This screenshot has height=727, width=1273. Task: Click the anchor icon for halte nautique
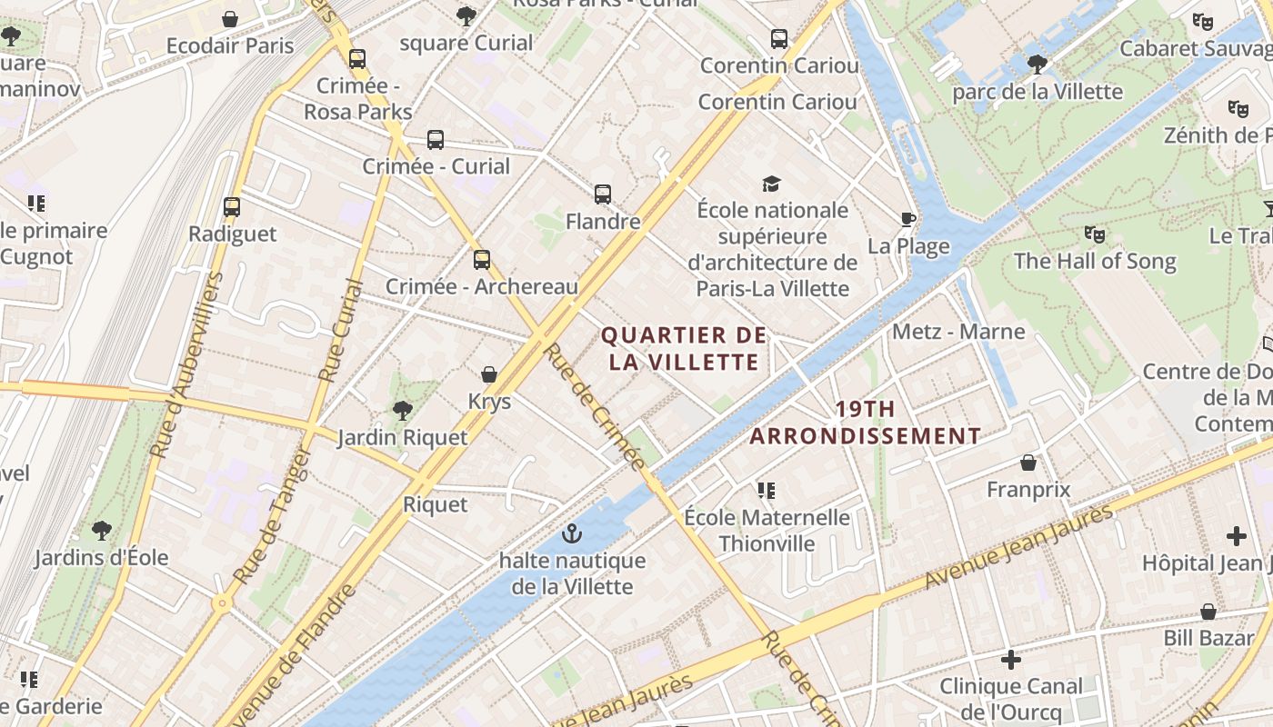pyautogui.click(x=571, y=533)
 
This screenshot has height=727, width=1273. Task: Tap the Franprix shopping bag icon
pyautogui.click(x=1028, y=463)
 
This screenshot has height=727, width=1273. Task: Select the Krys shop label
pyautogui.click(x=489, y=402)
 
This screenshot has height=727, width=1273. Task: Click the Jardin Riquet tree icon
pyautogui.click(x=402, y=411)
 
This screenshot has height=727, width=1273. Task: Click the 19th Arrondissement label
pyautogui.click(x=865, y=423)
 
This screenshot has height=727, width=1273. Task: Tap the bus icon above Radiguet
pyautogui.click(x=232, y=207)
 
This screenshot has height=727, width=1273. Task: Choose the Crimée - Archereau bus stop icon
pyautogui.click(x=482, y=260)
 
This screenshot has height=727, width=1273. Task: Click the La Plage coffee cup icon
pyautogui.click(x=907, y=219)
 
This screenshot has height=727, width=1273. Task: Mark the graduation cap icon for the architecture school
pyautogui.click(x=772, y=184)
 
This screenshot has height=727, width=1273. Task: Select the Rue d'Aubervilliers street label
pyautogui.click(x=185, y=363)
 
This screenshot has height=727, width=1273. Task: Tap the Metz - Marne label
pyautogui.click(x=958, y=331)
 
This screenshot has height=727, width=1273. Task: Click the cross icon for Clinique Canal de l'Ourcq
pyautogui.click(x=1010, y=660)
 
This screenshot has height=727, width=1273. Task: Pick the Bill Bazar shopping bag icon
pyautogui.click(x=1208, y=612)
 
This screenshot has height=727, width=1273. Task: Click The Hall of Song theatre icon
pyautogui.click(x=1095, y=234)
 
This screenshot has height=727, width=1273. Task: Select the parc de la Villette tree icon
pyautogui.click(x=1037, y=65)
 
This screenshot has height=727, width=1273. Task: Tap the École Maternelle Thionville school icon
pyautogui.click(x=767, y=491)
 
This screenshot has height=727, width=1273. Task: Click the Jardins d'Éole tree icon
pyautogui.click(x=102, y=530)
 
